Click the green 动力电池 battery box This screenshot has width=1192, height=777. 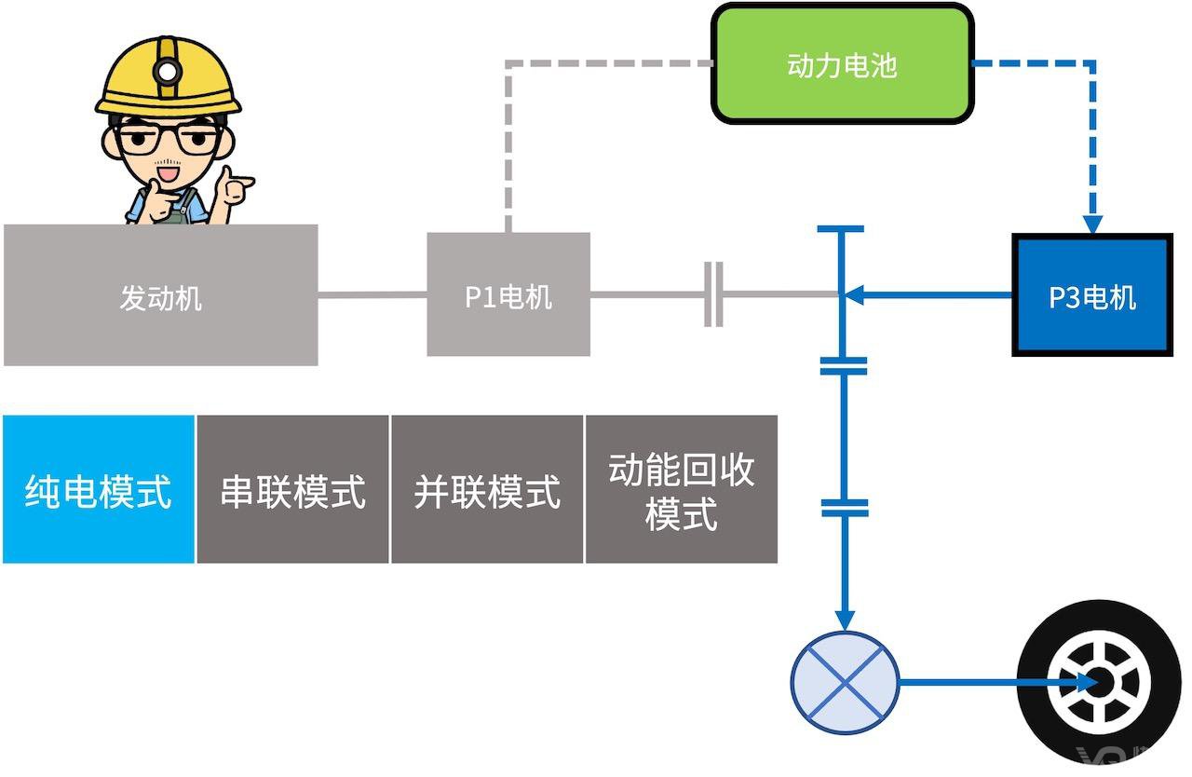pyautogui.click(x=843, y=64)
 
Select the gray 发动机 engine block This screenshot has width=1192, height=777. pyautogui.click(x=161, y=294)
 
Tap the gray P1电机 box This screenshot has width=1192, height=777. pyautogui.click(x=508, y=294)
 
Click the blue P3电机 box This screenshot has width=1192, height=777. pyautogui.click(x=1092, y=294)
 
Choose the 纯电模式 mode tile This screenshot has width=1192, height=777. pyautogui.click(x=99, y=489)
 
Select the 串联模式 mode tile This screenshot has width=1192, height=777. pyautogui.click(x=292, y=489)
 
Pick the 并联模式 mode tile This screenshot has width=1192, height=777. pyautogui.click(x=487, y=489)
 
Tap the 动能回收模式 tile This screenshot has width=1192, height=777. pyautogui.click(x=682, y=489)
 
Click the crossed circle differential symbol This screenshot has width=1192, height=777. pyautogui.click(x=845, y=683)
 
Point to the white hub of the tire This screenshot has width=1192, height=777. pyautogui.click(x=1100, y=683)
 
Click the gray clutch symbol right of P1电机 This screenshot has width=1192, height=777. pyautogui.click(x=713, y=294)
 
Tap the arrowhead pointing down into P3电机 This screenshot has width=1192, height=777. pyautogui.click(x=1092, y=225)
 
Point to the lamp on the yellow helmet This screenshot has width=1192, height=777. pyautogui.click(x=168, y=72)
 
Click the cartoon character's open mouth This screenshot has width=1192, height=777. pyautogui.click(x=169, y=173)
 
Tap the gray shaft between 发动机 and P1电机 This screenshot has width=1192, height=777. pyautogui.click(x=372, y=294)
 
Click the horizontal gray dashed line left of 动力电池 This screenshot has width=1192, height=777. pyautogui.click(x=608, y=63)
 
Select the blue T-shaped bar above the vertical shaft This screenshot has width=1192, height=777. pyautogui.click(x=841, y=229)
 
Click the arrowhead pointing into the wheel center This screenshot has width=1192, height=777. pyautogui.click(x=1086, y=682)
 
